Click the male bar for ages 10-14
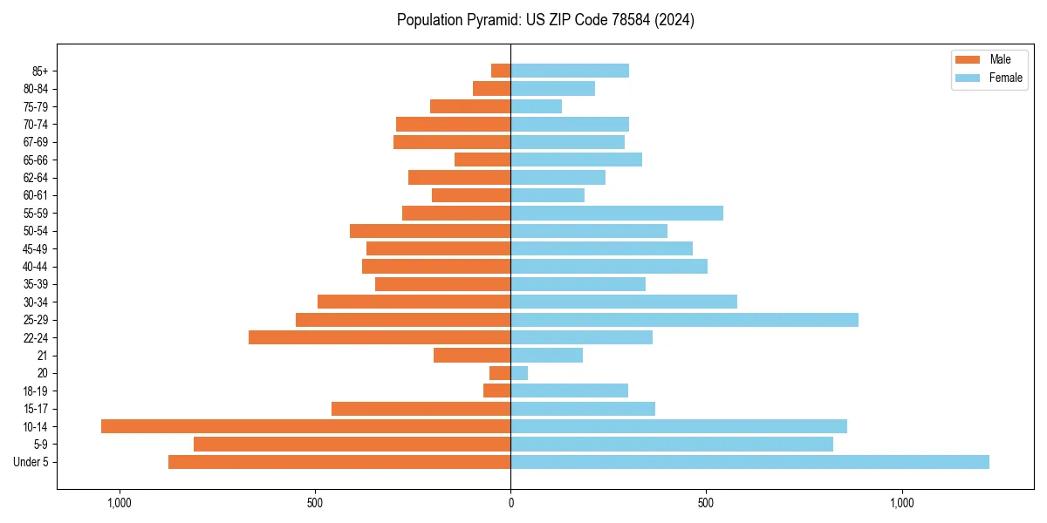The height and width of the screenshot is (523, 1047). tap(305, 426)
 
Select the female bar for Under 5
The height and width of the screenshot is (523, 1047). tap(749, 462)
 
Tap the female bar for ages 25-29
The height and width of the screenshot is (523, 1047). tap(684, 320)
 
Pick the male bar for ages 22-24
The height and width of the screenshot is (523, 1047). tap(380, 337)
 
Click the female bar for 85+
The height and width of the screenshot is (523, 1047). tap(570, 71)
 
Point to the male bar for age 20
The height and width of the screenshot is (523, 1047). tap(500, 373)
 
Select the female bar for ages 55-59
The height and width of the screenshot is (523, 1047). tap(617, 214)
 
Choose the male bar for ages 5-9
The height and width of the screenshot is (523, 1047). tap(352, 444)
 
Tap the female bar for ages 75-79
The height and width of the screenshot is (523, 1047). tap(536, 106)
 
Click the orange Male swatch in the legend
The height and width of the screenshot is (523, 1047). tap(968, 59)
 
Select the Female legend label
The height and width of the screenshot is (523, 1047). tap(1006, 78)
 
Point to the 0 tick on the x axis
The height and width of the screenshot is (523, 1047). tap(510, 503)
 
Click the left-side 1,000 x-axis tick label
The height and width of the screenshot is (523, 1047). tap(120, 503)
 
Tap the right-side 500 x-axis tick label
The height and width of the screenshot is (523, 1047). tap(706, 503)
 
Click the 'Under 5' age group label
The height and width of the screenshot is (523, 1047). tap(31, 462)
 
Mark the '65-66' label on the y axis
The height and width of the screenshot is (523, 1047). tap(35, 160)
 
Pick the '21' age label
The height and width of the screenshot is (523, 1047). tap(42, 356)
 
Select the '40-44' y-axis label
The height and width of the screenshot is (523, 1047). tap(35, 267)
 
